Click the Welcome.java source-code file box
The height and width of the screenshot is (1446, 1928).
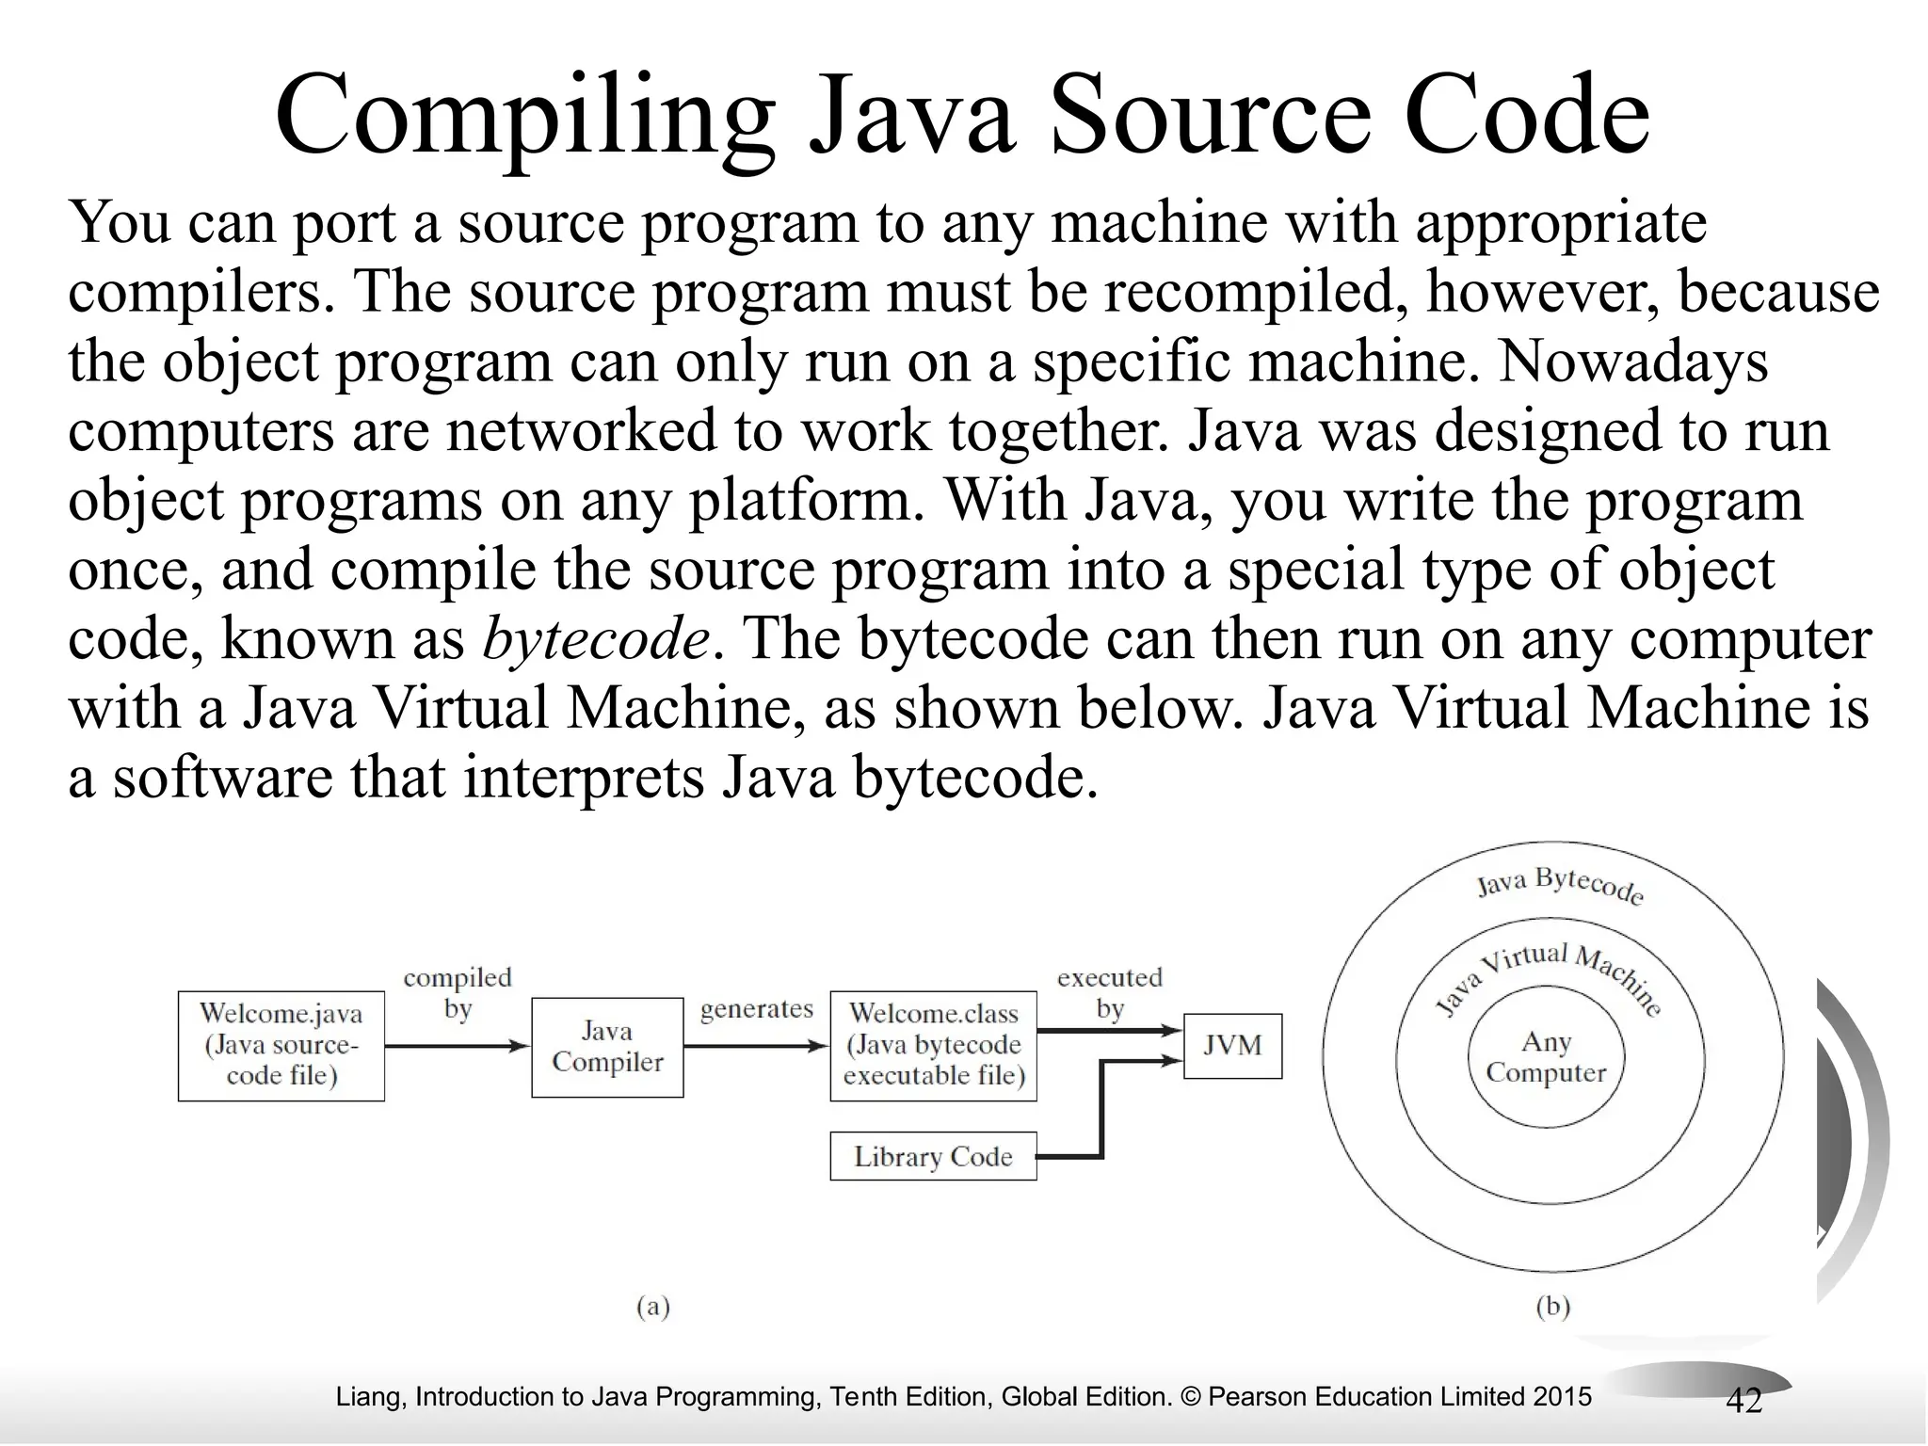(x=281, y=1045)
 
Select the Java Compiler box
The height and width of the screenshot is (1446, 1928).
(x=607, y=1047)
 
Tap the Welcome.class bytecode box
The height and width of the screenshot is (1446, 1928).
(x=933, y=1045)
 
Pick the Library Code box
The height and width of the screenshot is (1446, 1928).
(x=933, y=1156)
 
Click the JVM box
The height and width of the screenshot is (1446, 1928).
(x=1231, y=1045)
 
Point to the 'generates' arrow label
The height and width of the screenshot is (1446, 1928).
(x=756, y=1009)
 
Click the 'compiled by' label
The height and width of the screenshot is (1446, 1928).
(x=458, y=993)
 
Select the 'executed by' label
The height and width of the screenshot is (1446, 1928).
(x=1110, y=993)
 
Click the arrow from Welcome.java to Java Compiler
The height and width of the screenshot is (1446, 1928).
(x=458, y=1046)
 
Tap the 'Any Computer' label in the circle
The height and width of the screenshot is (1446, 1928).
(x=1546, y=1057)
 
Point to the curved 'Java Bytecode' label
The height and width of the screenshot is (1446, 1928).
(x=1560, y=885)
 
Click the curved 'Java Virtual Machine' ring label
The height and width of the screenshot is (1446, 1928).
(x=1549, y=974)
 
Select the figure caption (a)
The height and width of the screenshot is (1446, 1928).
(x=652, y=1307)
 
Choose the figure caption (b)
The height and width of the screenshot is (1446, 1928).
(x=1552, y=1307)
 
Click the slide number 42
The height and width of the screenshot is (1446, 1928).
(x=1743, y=1401)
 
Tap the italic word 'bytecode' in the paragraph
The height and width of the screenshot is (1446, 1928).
(x=595, y=639)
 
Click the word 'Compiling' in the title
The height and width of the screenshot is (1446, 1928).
(x=524, y=118)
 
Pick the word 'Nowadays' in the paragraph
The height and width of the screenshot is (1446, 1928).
(x=1632, y=361)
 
